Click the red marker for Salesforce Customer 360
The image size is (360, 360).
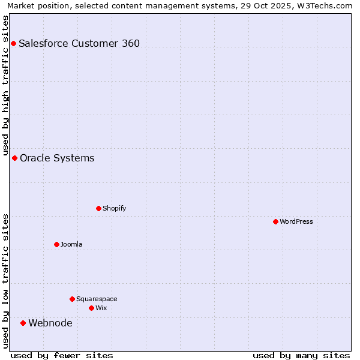13,43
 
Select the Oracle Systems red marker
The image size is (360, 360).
14,158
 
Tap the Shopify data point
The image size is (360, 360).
98,208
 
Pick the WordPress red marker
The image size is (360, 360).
275,221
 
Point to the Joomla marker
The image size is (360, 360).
56,244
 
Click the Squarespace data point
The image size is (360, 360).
72,299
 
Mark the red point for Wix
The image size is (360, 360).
91,308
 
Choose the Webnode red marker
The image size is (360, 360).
23,323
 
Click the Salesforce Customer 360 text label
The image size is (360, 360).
79,43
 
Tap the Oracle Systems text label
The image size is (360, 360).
57,158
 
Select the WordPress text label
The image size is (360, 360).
296,221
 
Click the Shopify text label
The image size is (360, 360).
114,208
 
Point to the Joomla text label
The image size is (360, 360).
71,244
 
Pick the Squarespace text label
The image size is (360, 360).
97,299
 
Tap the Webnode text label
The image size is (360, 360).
50,323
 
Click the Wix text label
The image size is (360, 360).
101,308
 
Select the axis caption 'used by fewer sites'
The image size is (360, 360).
62,355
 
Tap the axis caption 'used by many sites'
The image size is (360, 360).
301,355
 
